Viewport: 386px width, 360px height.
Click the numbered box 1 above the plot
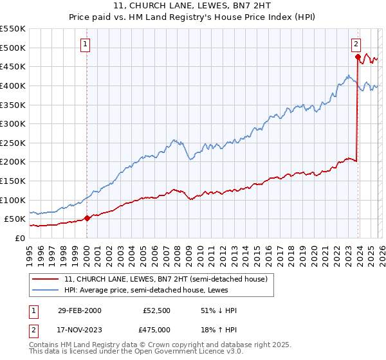coord(86,44)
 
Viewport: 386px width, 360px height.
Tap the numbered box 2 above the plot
coord(356,44)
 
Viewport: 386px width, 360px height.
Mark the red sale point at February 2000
coord(87,218)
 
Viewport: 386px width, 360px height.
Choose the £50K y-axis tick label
coord(15,219)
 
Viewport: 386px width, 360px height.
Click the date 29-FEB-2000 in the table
coord(79,310)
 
